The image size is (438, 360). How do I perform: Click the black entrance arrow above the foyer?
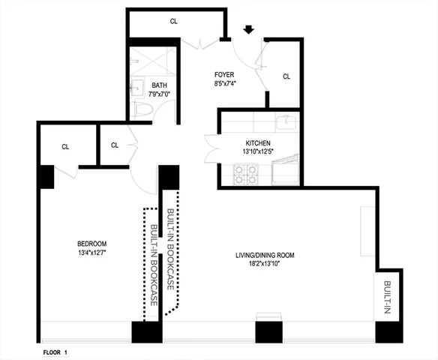coord(248,30)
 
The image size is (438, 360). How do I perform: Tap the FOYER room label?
coord(224,75)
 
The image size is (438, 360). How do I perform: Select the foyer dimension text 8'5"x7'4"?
coord(224,84)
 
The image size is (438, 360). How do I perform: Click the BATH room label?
coord(160,85)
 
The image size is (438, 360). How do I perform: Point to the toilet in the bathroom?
coord(144,111)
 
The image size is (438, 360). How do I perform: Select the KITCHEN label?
coord(257,143)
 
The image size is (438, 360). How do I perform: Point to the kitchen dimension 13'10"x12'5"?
coord(257,152)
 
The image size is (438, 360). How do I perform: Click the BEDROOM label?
coord(92,244)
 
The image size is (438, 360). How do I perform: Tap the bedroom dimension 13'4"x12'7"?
coord(92,253)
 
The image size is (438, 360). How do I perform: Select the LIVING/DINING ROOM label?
coord(265,256)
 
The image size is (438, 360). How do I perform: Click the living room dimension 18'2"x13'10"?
coord(265,265)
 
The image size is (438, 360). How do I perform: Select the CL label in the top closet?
coord(174,22)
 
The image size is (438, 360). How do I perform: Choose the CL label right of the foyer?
coord(286,76)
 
